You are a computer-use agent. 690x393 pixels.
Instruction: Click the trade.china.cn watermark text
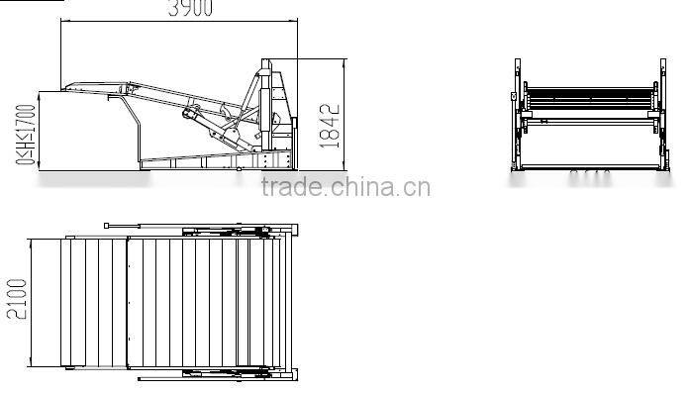point(344,187)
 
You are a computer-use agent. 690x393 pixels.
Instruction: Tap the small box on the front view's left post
point(512,97)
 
